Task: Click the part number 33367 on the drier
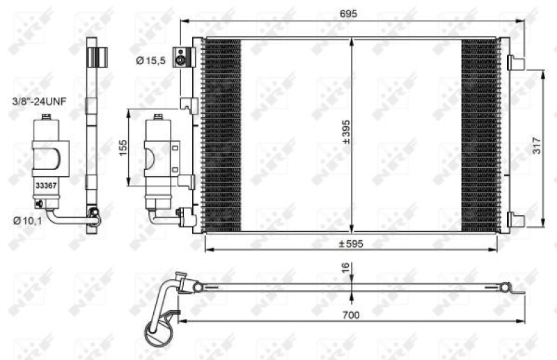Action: [x=46, y=186]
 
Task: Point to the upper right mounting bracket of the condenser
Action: [x=516, y=63]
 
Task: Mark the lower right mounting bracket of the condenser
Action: [x=516, y=219]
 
